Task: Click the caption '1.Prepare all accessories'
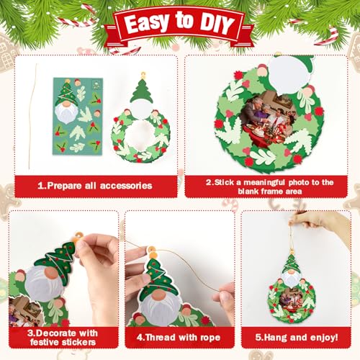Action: pos(94,185)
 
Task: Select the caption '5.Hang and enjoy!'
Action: pos(296,334)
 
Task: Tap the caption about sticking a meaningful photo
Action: pos(269,186)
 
